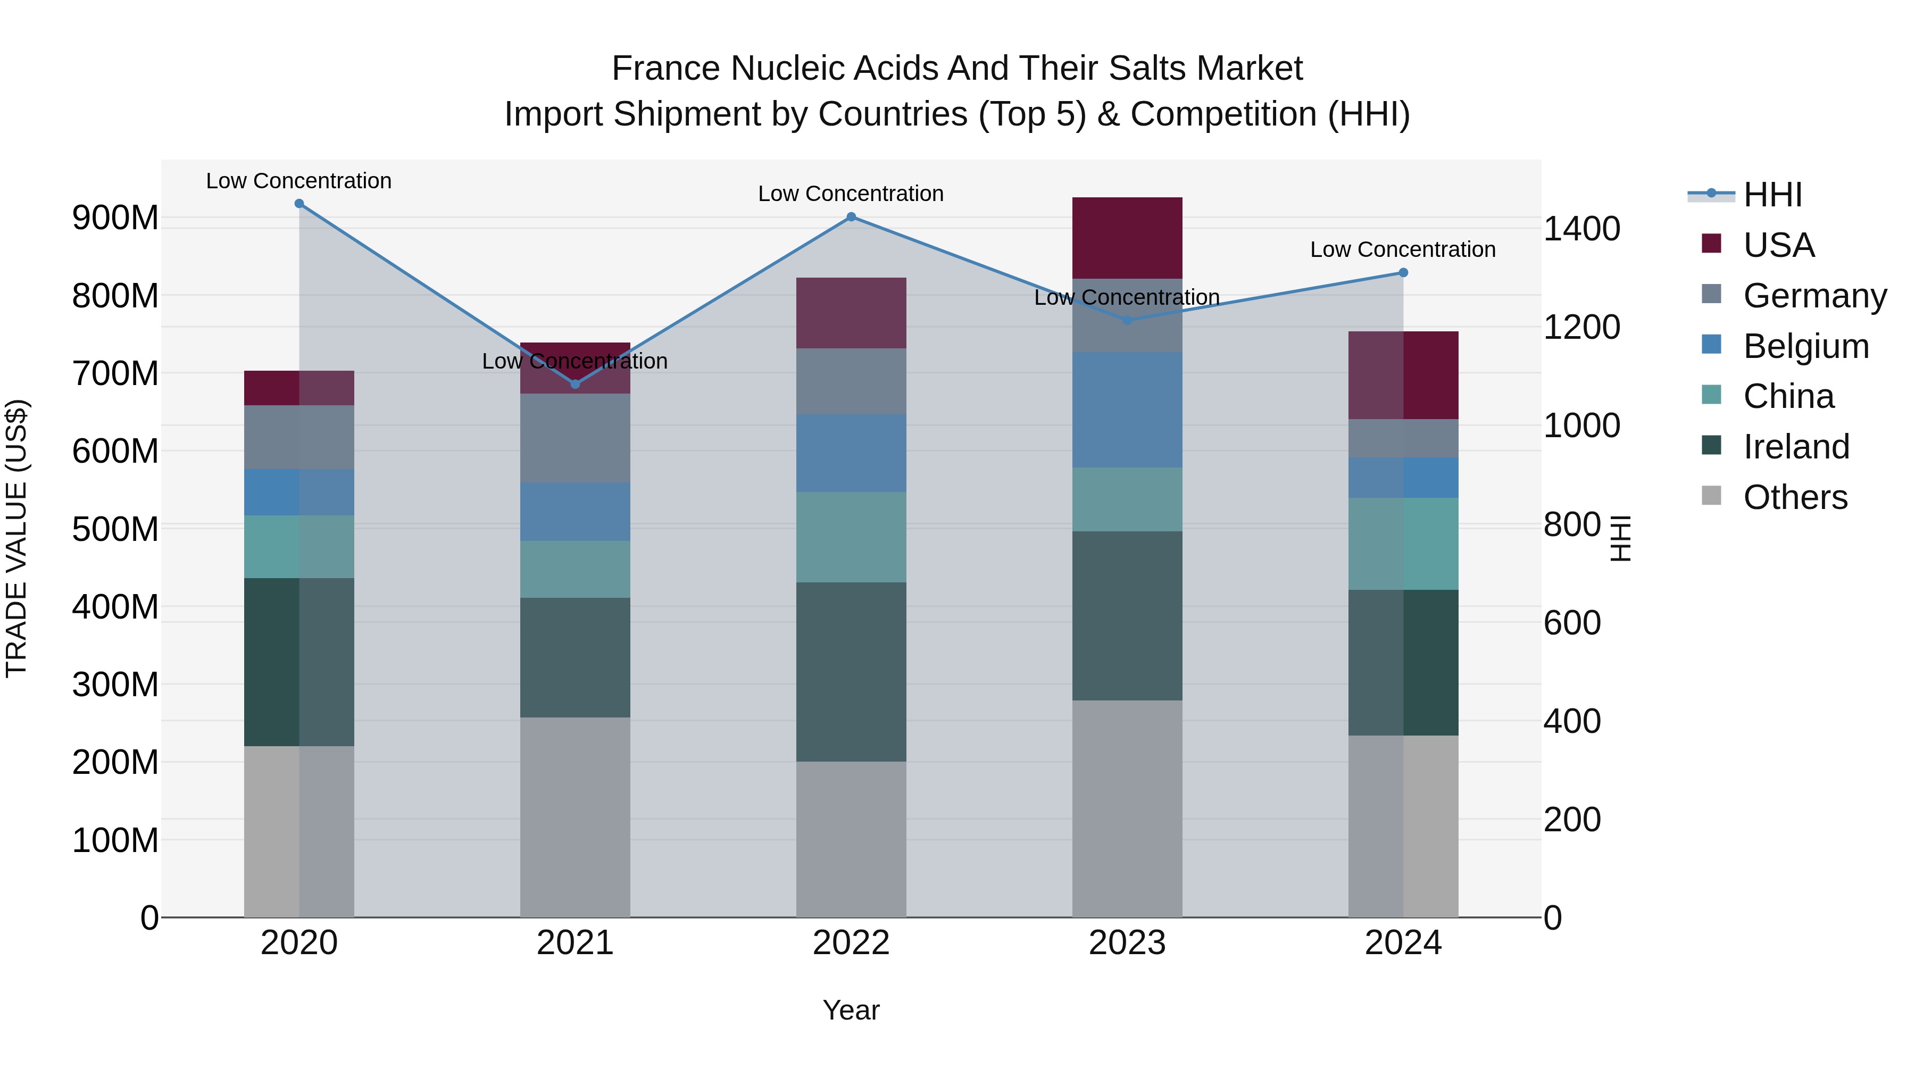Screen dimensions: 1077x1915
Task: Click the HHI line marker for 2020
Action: [x=299, y=204]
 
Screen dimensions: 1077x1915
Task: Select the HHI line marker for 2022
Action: [x=851, y=217]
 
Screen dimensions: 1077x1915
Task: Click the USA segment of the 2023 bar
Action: [x=1127, y=238]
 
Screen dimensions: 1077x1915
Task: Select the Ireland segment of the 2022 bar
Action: [x=851, y=671]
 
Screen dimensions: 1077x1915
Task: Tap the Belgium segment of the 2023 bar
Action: [x=1127, y=410]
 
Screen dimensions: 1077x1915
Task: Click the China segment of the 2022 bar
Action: [x=851, y=537]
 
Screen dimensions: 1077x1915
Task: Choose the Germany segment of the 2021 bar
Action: [x=574, y=438]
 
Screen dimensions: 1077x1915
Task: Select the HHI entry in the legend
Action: [x=1772, y=195]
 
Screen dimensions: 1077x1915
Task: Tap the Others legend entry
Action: [x=1795, y=497]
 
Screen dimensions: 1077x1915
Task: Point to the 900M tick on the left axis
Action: [x=115, y=218]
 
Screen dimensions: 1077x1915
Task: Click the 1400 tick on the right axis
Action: [x=1581, y=229]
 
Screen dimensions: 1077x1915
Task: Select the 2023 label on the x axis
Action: [x=1127, y=943]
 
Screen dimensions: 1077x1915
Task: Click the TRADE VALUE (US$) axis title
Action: [x=17, y=538]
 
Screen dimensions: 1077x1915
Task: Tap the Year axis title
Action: [x=851, y=1010]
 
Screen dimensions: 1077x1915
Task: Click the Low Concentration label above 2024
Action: [x=1403, y=250]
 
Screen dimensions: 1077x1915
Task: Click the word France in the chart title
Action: [x=666, y=69]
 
